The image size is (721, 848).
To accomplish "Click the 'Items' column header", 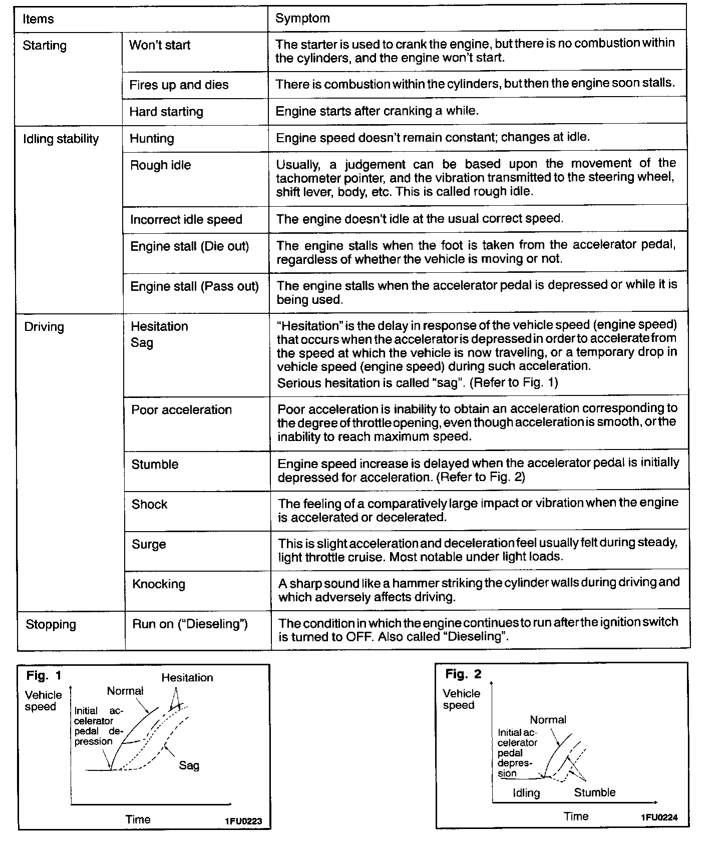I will [38, 19].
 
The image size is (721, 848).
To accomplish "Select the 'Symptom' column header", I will [302, 19].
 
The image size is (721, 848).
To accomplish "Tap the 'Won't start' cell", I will [160, 45].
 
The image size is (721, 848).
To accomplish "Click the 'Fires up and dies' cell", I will [179, 85].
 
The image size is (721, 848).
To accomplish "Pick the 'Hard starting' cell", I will [166, 112].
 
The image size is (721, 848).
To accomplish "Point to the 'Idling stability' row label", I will [61, 139].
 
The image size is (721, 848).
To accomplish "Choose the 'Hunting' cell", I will [152, 139].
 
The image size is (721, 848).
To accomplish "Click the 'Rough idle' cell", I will [160, 165].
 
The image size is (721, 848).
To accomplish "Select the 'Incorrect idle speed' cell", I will [186, 219].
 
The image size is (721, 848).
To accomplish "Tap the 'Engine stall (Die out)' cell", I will [189, 246].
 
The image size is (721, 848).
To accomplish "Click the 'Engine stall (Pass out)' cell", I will [194, 286].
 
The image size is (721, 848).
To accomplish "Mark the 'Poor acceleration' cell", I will [181, 410].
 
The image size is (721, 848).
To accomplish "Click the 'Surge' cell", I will [149, 544].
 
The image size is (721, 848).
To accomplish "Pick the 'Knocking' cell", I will [158, 584].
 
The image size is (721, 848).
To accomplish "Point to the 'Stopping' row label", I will [51, 624].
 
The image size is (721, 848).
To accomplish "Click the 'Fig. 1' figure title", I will [44, 676].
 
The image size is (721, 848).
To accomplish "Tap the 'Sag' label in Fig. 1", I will [189, 765].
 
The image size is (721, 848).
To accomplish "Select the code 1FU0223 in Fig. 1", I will [243, 821].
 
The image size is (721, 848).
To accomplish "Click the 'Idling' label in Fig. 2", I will [526, 793].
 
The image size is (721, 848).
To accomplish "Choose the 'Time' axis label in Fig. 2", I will [576, 816].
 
